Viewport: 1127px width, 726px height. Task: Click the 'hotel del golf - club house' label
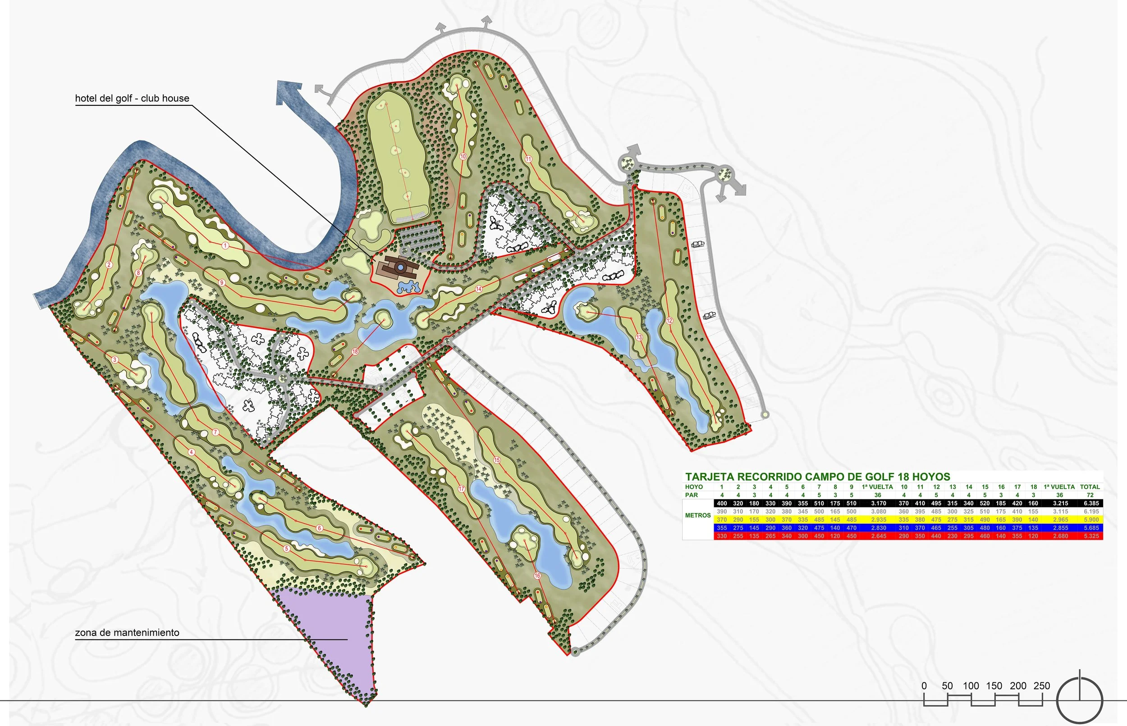click(132, 99)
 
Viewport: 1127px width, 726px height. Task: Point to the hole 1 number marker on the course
click(225, 245)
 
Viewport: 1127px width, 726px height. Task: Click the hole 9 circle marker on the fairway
click(221, 283)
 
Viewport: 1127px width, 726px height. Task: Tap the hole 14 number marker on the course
click(478, 289)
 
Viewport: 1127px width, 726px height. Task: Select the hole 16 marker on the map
click(537, 576)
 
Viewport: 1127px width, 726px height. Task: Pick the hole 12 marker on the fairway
click(669, 321)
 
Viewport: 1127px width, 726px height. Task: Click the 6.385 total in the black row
click(1090, 503)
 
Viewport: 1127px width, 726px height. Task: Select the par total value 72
click(1090, 495)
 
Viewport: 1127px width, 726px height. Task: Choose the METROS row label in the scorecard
click(698, 515)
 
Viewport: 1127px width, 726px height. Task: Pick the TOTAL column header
click(1090, 487)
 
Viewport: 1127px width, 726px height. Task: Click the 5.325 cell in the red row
click(1090, 536)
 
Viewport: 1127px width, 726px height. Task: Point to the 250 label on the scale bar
click(1042, 686)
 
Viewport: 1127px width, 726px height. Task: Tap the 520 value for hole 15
click(985, 503)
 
